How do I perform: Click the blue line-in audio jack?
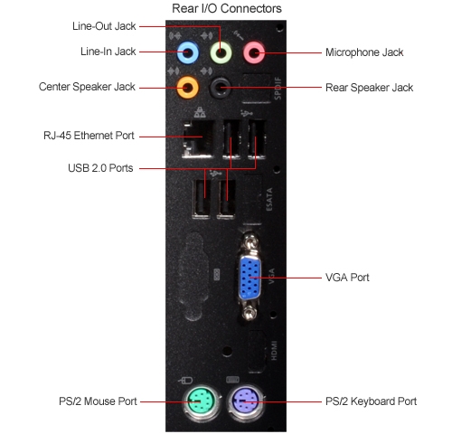click(x=188, y=52)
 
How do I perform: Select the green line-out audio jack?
click(x=221, y=52)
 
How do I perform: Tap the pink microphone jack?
click(x=254, y=52)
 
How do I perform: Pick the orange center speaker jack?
click(x=188, y=88)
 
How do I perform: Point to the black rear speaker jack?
click(x=221, y=88)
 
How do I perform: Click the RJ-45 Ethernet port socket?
click(x=198, y=139)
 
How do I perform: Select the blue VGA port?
click(x=250, y=278)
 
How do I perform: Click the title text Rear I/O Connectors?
click(x=227, y=8)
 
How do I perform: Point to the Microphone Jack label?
click(x=364, y=52)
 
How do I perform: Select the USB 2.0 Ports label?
click(x=100, y=168)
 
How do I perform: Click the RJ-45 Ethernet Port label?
click(x=89, y=136)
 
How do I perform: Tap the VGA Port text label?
click(x=347, y=278)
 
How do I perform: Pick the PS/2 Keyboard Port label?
click(x=371, y=401)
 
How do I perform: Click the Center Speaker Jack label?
click(x=87, y=87)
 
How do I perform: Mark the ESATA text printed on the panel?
click(x=269, y=200)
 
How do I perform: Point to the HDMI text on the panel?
click(x=274, y=351)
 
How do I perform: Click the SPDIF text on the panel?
click(x=278, y=89)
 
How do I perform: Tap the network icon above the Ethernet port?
click(x=200, y=112)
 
